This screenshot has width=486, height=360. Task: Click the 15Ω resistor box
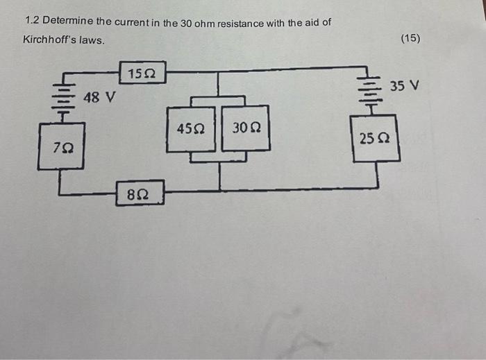coord(142,72)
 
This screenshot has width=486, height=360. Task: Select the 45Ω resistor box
coord(191,129)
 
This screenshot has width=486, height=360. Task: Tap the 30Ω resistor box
coord(246,129)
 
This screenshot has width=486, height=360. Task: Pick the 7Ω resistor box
coord(62,146)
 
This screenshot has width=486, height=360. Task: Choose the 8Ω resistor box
coord(141,194)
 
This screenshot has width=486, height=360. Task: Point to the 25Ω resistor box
coord(376,139)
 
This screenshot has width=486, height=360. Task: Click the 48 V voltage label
coord(99,97)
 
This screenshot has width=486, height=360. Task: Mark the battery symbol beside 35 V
coord(371,90)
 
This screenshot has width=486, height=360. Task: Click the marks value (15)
coord(410,39)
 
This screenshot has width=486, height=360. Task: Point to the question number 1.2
coord(31,23)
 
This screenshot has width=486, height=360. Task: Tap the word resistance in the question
coord(238,24)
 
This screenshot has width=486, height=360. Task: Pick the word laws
coord(92,40)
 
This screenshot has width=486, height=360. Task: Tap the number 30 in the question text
coord(185,24)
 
